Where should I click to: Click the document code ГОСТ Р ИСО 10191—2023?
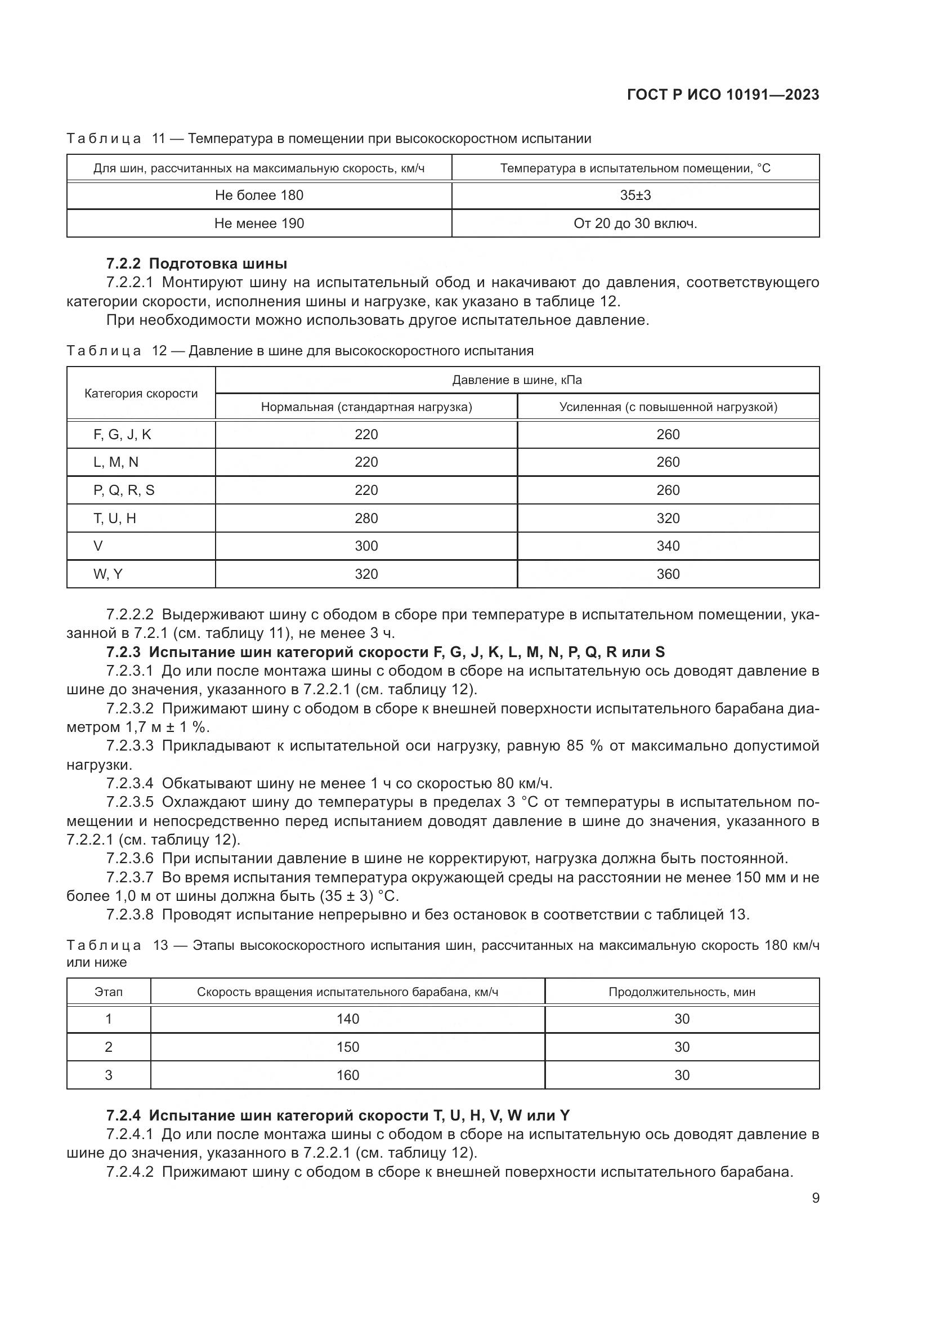tap(723, 95)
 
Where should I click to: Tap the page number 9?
tap(815, 1198)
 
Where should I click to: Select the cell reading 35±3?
tap(635, 195)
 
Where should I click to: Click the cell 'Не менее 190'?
tap(259, 224)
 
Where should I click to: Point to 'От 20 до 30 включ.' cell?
tap(635, 224)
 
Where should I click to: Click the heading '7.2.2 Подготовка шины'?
tap(196, 264)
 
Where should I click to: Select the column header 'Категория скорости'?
tap(141, 394)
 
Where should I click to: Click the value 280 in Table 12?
tap(366, 519)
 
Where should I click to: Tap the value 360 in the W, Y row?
tap(668, 574)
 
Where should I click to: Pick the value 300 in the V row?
tap(366, 546)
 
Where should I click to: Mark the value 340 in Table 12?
tap(668, 546)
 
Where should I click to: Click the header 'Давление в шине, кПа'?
tap(517, 380)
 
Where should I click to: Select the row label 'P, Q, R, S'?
tap(124, 490)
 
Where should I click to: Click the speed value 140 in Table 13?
tap(347, 1019)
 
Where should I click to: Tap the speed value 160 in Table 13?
tap(347, 1075)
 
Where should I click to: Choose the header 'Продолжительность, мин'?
tap(682, 992)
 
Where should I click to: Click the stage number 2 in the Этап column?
tap(108, 1047)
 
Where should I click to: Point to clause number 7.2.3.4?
tap(130, 784)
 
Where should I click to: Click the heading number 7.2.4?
tap(123, 1115)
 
